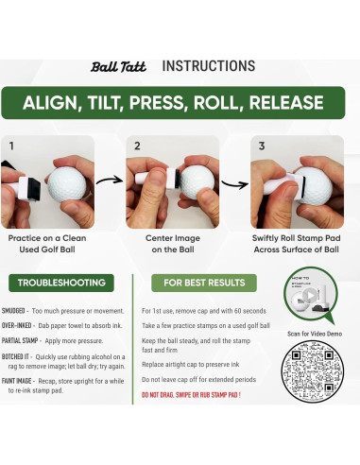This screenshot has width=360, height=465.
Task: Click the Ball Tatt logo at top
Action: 117,67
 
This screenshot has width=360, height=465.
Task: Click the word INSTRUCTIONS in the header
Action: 209,66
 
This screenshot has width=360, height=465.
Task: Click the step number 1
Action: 12,146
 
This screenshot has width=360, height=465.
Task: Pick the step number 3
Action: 261,146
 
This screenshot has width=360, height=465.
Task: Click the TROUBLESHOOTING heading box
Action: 61,283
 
